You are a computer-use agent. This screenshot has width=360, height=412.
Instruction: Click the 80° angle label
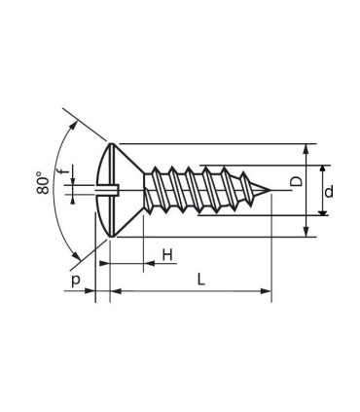(43, 183)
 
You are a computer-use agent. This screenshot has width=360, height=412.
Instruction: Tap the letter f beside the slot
(65, 170)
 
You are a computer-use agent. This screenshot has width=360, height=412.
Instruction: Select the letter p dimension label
(75, 280)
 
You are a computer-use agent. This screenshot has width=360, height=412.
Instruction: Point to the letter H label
(167, 255)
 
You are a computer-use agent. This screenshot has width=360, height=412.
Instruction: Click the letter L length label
(201, 280)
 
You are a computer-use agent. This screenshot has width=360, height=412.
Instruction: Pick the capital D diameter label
(296, 182)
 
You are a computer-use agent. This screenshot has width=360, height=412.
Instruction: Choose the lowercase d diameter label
(329, 192)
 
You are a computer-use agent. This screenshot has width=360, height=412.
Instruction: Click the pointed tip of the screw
(270, 190)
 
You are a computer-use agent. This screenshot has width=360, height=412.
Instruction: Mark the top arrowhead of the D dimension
(306, 149)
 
